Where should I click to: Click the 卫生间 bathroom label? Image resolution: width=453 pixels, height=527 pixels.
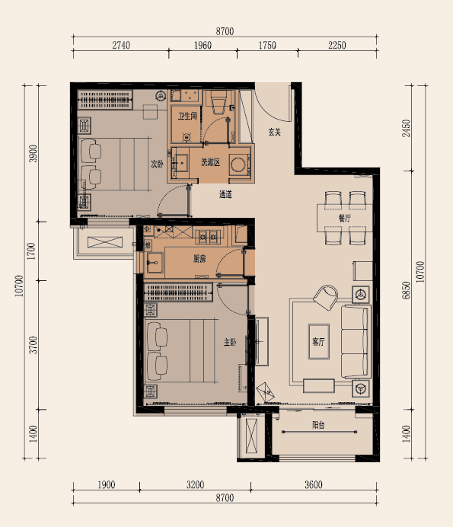187,116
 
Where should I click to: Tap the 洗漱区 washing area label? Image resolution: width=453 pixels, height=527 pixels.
210,162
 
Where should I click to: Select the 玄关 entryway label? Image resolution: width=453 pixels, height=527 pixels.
275,132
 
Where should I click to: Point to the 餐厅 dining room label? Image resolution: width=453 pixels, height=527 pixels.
345,218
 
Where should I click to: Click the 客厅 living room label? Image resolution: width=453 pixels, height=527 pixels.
318,342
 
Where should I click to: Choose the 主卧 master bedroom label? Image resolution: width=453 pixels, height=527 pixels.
230,342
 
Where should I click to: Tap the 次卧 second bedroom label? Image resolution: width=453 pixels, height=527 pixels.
157,164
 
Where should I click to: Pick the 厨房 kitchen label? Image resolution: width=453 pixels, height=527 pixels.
199,258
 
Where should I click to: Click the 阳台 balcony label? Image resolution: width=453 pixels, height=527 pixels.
318,425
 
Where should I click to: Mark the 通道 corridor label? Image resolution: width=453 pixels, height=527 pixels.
225,194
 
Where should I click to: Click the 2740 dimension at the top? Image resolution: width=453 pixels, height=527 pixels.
121,45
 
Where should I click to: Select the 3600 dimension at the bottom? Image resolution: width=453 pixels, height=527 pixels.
314,484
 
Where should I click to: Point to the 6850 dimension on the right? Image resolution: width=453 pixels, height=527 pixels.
407,290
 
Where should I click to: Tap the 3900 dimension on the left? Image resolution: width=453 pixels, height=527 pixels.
33,154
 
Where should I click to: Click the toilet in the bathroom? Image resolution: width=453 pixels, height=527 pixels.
218,101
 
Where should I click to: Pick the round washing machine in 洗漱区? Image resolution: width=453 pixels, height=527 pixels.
239,164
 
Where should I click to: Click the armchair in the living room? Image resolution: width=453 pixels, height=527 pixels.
326,298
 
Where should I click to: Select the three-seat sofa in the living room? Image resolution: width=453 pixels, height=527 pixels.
355,341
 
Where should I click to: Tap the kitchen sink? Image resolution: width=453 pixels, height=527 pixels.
155,263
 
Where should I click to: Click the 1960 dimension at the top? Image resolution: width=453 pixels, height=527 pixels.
203,45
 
